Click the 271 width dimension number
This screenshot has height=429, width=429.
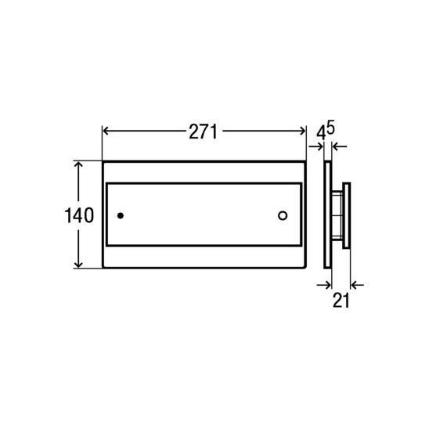click(x=203, y=132)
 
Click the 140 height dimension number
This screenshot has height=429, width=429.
click(x=79, y=215)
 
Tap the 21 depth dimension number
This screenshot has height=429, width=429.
click(x=341, y=300)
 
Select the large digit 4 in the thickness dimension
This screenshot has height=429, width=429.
click(x=321, y=134)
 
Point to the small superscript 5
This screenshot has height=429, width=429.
click(x=331, y=128)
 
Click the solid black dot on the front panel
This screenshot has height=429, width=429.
click(x=121, y=215)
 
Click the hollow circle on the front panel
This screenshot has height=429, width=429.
click(x=283, y=215)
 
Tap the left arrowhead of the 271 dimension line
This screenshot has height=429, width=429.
click(x=106, y=131)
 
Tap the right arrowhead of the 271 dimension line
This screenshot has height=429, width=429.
click(x=302, y=131)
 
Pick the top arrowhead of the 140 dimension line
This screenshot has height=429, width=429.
click(x=78, y=164)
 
